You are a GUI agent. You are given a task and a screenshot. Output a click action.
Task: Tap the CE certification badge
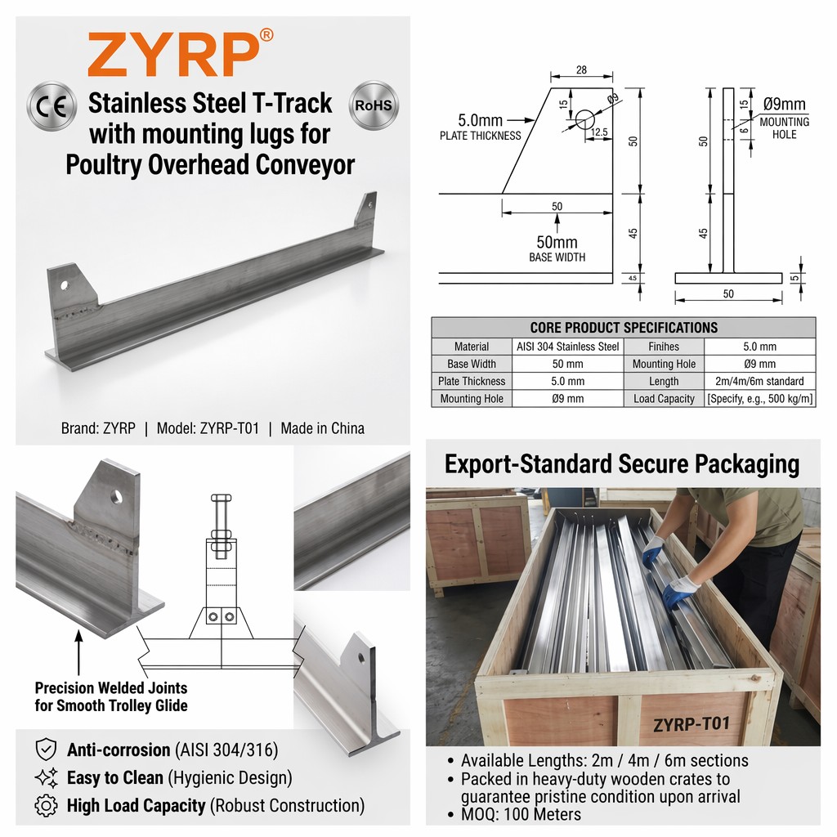coord(51,106)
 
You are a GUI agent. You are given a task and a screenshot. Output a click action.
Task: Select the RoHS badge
coord(373,105)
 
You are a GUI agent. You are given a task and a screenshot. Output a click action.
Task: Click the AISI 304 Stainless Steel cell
coord(567,347)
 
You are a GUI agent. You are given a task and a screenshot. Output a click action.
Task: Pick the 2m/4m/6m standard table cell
coord(759,381)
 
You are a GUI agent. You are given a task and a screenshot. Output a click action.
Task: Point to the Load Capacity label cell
coord(664,399)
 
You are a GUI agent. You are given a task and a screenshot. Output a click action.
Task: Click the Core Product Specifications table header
coord(624,327)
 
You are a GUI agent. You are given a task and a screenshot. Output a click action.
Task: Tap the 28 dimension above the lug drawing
coord(581,69)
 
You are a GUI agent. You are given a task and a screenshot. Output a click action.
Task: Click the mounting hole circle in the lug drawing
coord(584,119)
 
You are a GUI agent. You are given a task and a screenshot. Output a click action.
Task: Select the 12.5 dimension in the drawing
coord(599,132)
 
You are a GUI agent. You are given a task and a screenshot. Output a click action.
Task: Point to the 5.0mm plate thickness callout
coord(480,127)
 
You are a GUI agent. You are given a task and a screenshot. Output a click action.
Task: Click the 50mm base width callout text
coord(557,248)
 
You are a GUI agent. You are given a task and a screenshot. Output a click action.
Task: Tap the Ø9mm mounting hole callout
coord(784,118)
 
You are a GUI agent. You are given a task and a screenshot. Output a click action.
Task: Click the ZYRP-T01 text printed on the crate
coord(691,724)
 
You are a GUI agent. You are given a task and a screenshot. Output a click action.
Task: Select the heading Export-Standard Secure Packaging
coord(622,464)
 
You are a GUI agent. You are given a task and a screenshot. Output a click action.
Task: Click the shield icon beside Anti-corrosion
coord(46,750)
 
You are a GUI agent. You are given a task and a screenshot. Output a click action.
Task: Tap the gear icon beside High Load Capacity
coord(46,805)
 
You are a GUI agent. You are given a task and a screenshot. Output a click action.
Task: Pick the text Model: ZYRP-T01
coord(208,428)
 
